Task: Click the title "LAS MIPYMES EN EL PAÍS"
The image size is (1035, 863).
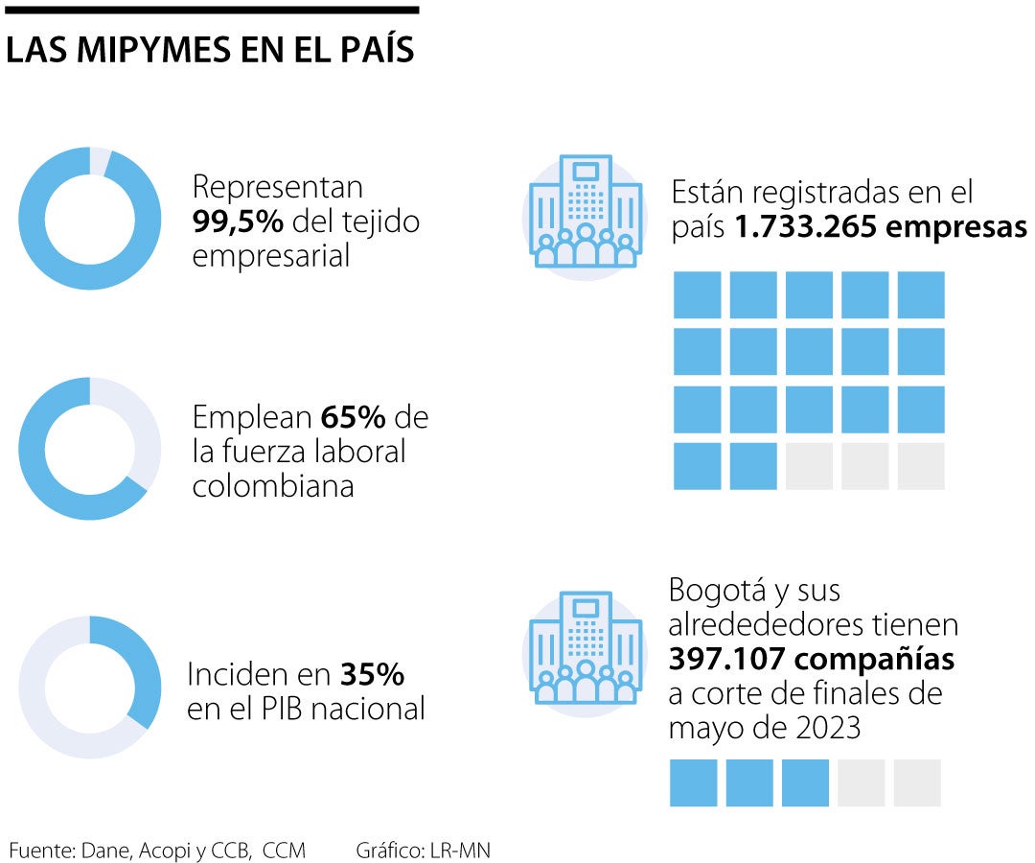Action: coord(210,51)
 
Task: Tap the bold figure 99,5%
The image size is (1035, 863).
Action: coord(238,222)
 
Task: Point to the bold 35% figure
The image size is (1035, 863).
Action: coord(372,675)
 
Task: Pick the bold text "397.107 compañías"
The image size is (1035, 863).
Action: coord(812,660)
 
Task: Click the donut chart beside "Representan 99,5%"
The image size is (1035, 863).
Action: coord(90,219)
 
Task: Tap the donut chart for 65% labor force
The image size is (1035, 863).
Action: coord(90,449)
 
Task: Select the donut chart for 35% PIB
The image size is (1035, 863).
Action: coord(90,688)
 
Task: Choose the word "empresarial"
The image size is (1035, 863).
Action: coord(271,256)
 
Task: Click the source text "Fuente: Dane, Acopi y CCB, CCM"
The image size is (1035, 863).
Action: coord(157,849)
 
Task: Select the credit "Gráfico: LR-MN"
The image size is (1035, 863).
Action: coord(424,849)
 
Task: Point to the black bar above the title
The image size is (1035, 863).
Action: coord(210,10)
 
